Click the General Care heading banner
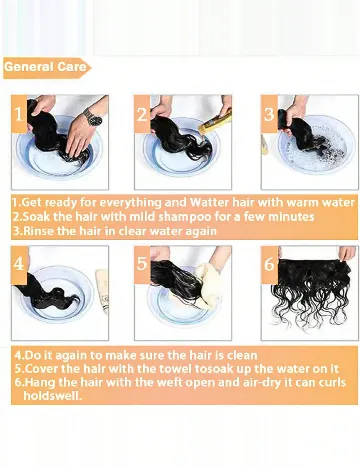tap(47, 68)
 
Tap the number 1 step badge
tap(19, 114)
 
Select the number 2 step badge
tap(142, 114)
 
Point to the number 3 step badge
tap(269, 114)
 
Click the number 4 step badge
tap(19, 265)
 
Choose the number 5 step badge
tap(142, 265)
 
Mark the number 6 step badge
tap(269, 265)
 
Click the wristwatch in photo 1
tap(93, 117)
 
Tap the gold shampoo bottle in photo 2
tap(215, 123)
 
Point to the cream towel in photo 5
tap(208, 287)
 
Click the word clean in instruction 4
tap(242, 355)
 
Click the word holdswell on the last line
tap(52, 396)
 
